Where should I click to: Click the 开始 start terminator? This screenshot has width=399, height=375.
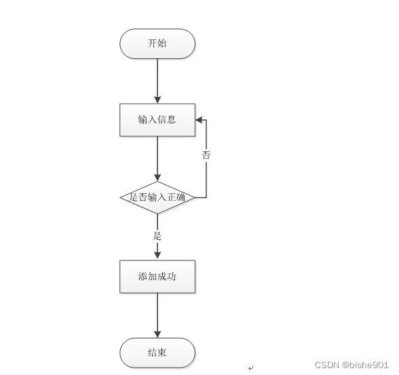click(x=157, y=43)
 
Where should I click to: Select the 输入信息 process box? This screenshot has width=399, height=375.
click(x=157, y=120)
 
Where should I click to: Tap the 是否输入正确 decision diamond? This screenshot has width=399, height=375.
click(x=157, y=197)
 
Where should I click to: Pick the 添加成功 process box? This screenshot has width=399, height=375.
click(x=157, y=277)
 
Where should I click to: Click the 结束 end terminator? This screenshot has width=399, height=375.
click(x=157, y=353)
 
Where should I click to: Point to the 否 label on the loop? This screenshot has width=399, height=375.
click(x=206, y=155)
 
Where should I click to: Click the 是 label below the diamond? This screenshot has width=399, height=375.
click(x=157, y=236)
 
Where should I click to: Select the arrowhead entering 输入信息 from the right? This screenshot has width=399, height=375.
click(x=199, y=120)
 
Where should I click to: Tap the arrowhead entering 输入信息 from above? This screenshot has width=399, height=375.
click(x=157, y=100)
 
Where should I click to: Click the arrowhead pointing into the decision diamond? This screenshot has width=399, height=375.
click(x=157, y=178)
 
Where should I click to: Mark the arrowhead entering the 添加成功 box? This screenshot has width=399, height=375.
click(x=157, y=255)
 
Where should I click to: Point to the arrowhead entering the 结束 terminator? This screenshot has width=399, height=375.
click(x=157, y=334)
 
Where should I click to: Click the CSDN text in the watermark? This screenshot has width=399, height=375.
click(x=327, y=365)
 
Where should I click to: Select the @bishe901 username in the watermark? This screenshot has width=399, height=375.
click(x=365, y=365)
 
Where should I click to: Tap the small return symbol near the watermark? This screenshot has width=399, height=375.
click(x=251, y=368)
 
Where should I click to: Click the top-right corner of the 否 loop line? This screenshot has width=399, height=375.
click(x=206, y=120)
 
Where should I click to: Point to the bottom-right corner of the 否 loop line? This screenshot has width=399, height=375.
click(x=206, y=197)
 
